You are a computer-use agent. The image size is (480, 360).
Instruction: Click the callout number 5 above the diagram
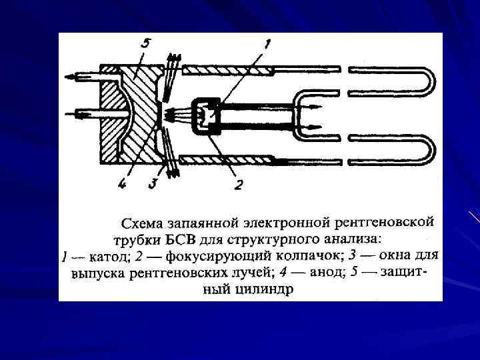pyautogui.click(x=146, y=43)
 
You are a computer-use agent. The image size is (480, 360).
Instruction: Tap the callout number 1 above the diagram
pyautogui.click(x=267, y=45)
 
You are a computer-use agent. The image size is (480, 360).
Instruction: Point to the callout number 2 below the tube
pyautogui.click(x=238, y=185)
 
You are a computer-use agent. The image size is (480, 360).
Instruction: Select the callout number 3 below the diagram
pyautogui.click(x=153, y=184)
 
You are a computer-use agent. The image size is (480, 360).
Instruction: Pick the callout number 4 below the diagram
pyautogui.click(x=121, y=184)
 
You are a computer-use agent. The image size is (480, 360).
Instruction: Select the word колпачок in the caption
pyautogui.click(x=299, y=255)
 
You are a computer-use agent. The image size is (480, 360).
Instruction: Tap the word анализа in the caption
pyautogui.click(x=353, y=239)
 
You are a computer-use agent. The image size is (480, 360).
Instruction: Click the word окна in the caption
pyautogui.click(x=398, y=255)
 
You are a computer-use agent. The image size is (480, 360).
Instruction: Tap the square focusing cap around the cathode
pyautogui.click(x=206, y=116)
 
